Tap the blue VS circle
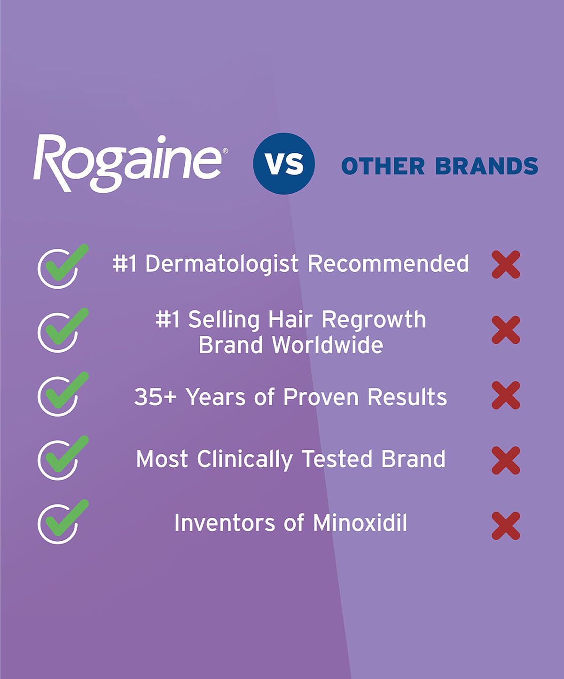[284, 164]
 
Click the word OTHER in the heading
[383, 166]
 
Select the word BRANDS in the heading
[486, 166]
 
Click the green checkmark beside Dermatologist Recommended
[61, 266]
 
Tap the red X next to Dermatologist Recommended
[506, 264]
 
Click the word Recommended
[388, 263]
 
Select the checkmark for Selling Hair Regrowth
[61, 330]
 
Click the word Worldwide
[328, 345]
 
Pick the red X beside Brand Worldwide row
[506, 330]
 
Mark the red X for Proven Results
[506, 395]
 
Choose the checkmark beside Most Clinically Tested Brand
[61, 458]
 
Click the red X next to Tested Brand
[506, 460]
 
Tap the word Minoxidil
[360, 523]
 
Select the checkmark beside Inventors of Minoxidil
[61, 522]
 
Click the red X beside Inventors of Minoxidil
[506, 525]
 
